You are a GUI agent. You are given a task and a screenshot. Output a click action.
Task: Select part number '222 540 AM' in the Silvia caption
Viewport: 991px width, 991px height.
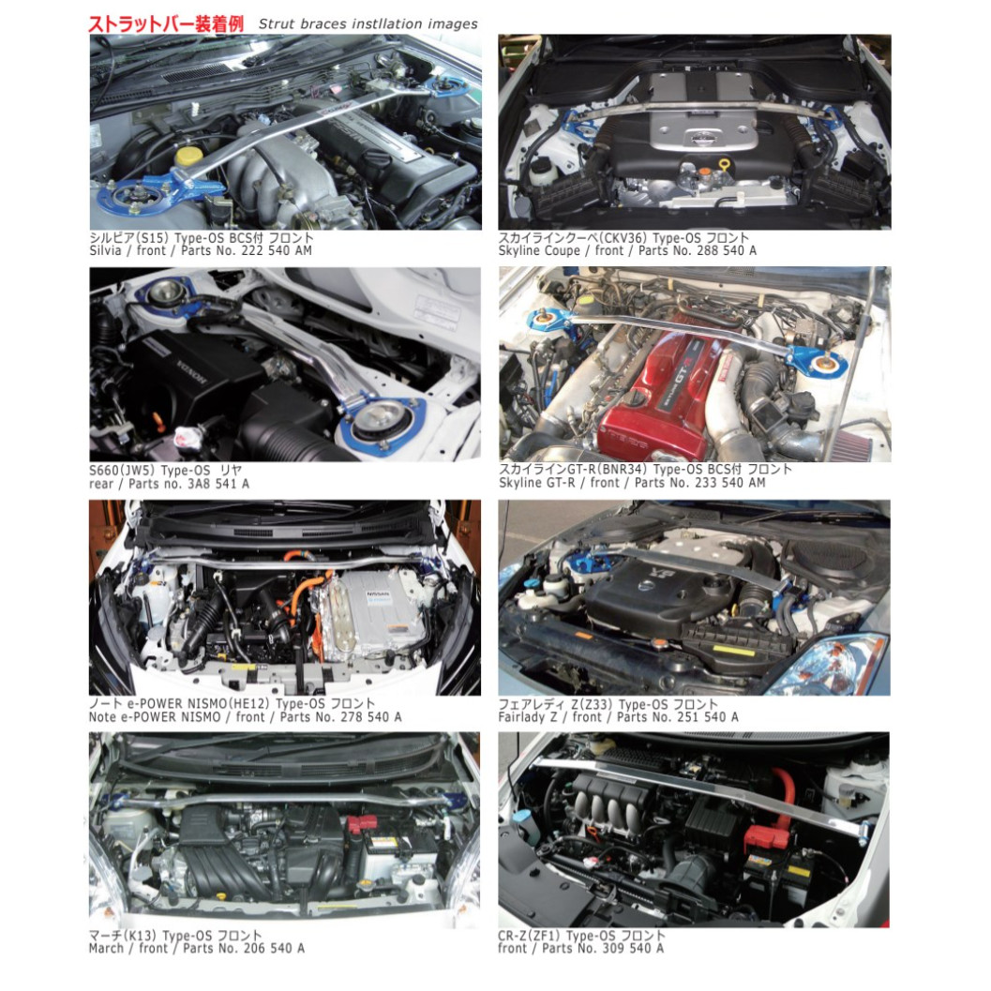[276, 251]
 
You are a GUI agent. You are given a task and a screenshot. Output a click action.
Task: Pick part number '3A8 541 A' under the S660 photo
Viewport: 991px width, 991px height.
[215, 484]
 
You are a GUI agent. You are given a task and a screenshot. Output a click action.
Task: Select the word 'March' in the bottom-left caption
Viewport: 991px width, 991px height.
[106, 949]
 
